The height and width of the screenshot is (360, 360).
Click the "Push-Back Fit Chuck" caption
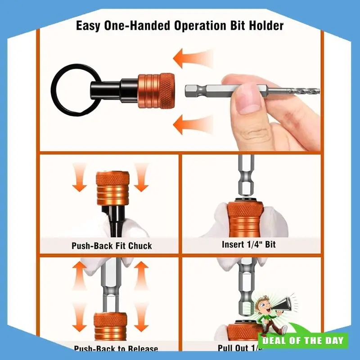pos(112,246)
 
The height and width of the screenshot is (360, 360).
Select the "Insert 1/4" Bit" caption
pos(248,245)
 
